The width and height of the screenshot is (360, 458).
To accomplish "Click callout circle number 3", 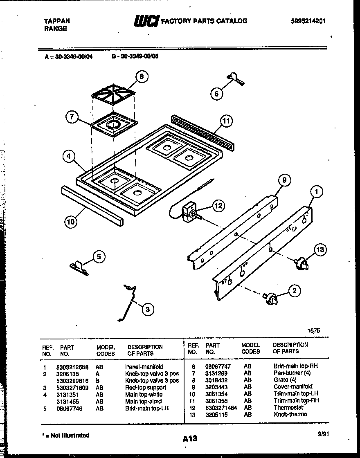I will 148,309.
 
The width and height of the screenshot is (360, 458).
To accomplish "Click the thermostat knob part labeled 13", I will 301,264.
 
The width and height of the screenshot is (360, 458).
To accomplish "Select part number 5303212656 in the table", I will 72,367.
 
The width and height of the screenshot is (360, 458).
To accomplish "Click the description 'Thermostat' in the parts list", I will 288,407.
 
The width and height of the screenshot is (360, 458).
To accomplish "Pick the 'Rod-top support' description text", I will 145,387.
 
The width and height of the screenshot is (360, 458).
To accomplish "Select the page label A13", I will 190,439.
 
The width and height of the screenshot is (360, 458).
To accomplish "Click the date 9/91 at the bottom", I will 323,435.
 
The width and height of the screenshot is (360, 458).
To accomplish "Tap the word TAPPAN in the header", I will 56,21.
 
